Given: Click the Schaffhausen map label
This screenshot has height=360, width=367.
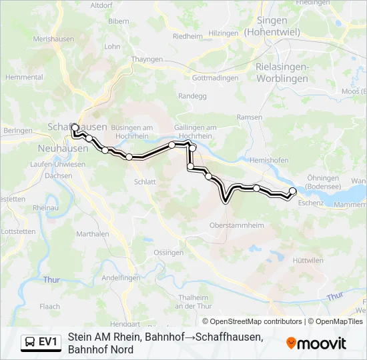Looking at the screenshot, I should [77, 127].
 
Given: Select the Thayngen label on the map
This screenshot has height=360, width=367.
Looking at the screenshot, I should [147, 59].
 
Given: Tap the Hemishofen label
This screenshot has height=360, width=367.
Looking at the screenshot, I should [269, 161].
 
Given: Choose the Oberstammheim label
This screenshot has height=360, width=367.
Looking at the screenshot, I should [235, 225].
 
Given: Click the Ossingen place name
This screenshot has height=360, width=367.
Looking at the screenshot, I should [168, 253].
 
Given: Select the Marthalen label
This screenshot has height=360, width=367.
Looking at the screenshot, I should [93, 234].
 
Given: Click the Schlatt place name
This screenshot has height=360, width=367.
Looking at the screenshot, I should [145, 181].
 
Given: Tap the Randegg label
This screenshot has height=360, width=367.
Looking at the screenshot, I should [192, 96].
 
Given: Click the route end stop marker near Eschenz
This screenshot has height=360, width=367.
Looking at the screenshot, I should [292, 191].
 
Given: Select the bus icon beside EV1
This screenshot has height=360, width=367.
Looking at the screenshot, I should [30, 343].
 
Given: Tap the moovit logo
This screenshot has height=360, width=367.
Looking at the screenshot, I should [316, 343].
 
